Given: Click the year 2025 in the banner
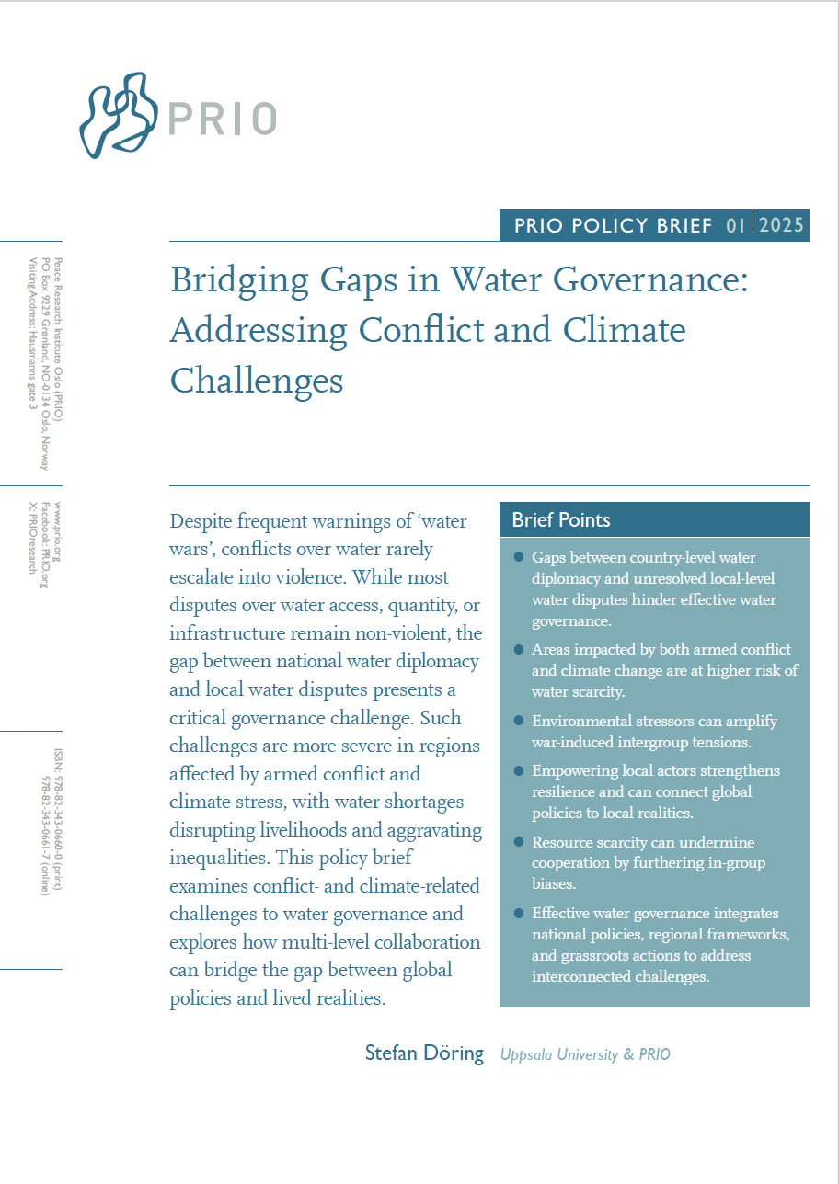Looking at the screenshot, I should point(781,225).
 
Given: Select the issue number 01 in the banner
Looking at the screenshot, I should point(735,225).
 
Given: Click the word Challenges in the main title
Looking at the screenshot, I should point(257,380).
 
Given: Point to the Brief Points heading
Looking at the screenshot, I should point(561,519).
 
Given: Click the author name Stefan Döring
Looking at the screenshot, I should point(424,1053).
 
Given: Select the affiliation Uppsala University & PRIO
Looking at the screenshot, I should point(585,1054).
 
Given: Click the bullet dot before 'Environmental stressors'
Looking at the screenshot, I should point(519,720).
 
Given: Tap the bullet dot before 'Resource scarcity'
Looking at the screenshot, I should point(519,842).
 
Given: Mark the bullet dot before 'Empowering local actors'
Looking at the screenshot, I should point(519,770).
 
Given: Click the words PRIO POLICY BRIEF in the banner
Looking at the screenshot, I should point(613,225).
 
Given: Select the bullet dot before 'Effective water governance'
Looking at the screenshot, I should point(519,913).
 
